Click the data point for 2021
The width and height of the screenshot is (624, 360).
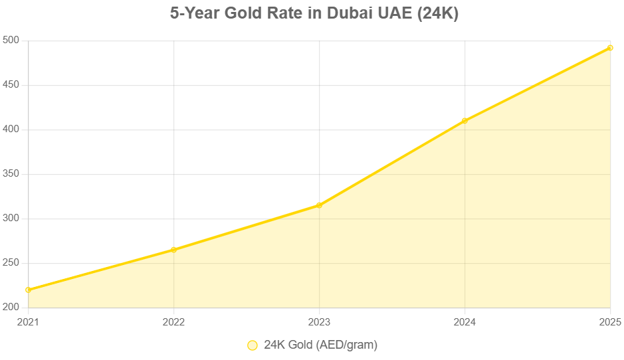coord(28,290)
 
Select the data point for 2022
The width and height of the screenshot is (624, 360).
coord(173,250)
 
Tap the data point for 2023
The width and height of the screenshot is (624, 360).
coord(319,205)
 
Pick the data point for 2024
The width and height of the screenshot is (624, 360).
coord(465,121)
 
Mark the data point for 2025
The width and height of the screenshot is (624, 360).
coord(610,48)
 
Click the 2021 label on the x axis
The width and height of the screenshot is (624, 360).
coord(28,322)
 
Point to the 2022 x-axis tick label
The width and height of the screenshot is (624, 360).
coord(173,322)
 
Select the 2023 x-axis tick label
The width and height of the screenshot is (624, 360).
coord(319,322)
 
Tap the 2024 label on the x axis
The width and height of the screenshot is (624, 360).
coord(465,322)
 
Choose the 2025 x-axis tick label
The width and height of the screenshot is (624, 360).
coord(609,322)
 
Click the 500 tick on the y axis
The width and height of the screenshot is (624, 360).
coord(12,41)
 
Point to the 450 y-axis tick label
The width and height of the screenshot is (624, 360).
coord(12,86)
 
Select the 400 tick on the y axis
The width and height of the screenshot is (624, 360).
coord(12,130)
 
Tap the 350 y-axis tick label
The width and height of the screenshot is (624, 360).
coord(12,175)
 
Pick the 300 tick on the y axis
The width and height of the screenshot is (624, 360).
coord(12,219)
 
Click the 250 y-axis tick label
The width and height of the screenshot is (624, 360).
coord(12,264)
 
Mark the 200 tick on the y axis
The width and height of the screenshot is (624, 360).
coord(12,308)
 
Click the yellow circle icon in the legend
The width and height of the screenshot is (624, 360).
coord(252,345)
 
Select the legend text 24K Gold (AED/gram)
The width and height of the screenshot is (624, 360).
coord(320,345)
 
